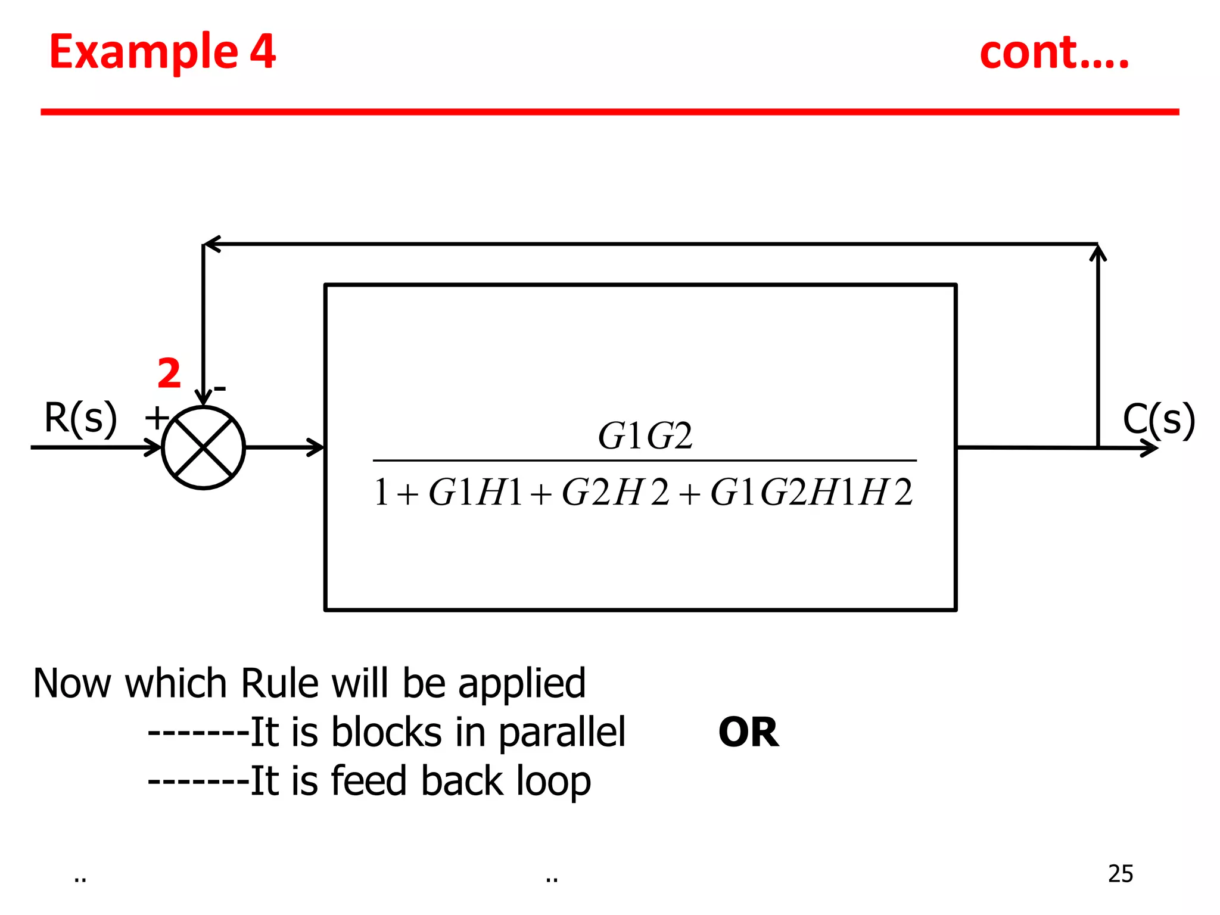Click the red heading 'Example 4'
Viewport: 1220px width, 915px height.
pos(162,52)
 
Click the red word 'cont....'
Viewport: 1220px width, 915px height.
pos(1054,54)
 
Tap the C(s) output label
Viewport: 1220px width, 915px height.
pos(1159,419)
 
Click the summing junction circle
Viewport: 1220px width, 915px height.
pos(203,448)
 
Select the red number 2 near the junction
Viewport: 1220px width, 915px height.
pos(169,374)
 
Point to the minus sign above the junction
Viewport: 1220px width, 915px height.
pos(220,389)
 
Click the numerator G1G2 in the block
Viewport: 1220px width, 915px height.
pos(645,435)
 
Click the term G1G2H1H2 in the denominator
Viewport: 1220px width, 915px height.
pos(811,493)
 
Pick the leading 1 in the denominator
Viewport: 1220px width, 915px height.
pos(381,493)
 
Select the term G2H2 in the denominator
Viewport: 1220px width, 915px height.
pos(615,493)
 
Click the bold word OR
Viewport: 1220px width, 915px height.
pos(748,732)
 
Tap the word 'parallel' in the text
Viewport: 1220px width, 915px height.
pos(562,732)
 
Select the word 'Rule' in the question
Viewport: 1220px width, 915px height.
pos(280,683)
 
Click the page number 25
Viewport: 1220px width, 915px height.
pos(1120,874)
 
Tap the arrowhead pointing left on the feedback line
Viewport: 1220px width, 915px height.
pos(213,244)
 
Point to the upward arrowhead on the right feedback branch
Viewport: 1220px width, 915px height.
pos(1098,253)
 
